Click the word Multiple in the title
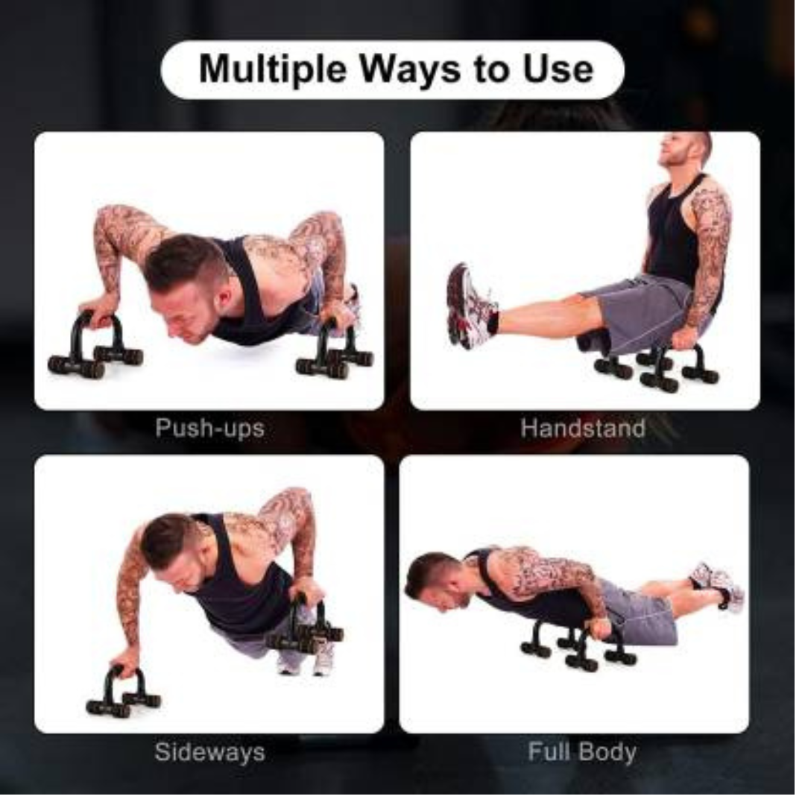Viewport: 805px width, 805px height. (x=273, y=69)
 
